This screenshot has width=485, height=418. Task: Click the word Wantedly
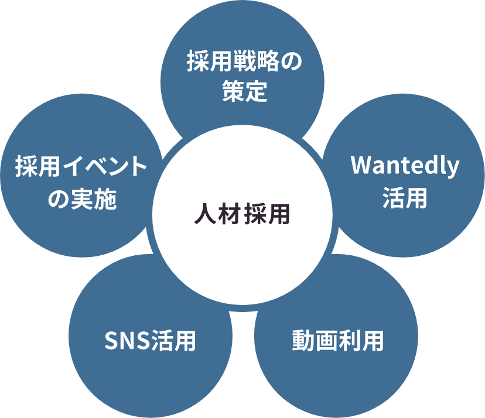click(405, 166)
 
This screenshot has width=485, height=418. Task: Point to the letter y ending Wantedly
click(453, 169)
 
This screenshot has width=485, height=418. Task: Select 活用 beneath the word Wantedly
click(405, 198)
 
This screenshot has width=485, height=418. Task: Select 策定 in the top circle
click(245, 92)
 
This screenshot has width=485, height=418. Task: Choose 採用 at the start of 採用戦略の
click(210, 61)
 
